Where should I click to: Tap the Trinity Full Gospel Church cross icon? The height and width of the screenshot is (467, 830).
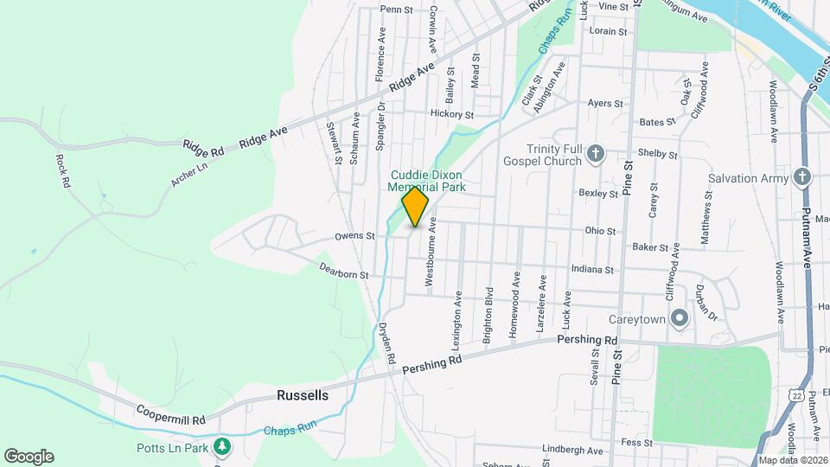tap(595, 155)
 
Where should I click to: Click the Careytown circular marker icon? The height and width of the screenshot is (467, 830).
tap(680, 319)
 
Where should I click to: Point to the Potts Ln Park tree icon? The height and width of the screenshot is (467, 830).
tap(224, 446)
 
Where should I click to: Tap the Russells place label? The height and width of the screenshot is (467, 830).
tap(303, 395)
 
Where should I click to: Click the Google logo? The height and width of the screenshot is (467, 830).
tap(29, 457)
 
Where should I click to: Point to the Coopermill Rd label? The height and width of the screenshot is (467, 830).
tap(169, 416)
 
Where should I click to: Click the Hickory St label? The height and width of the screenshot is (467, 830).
tap(452, 114)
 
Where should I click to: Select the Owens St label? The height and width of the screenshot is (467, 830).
tap(354, 235)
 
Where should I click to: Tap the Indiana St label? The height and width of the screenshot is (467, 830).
tap(591, 270)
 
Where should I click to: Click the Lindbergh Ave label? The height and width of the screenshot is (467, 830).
tap(571, 450)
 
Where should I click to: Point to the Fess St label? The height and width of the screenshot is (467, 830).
tap(636, 443)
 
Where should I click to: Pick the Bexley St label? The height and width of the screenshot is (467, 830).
tap(598, 194)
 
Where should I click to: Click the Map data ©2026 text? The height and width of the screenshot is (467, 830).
tap(793, 460)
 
